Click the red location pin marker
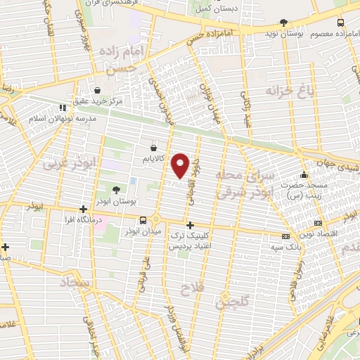pyautogui.click(x=181, y=165)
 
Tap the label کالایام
pyautogui.click(x=153, y=160)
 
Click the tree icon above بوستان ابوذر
pyautogui.click(x=116, y=189)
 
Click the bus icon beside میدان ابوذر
pyautogui.click(x=143, y=219)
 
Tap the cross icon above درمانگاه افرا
pyautogui.click(x=84, y=208)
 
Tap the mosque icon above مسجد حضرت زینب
pyautogui.click(x=303, y=174)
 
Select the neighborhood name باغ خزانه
pyautogui.click(x=288, y=90)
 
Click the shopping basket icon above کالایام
pyautogui.click(x=153, y=148)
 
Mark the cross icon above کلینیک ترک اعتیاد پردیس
pyautogui.click(x=190, y=225)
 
